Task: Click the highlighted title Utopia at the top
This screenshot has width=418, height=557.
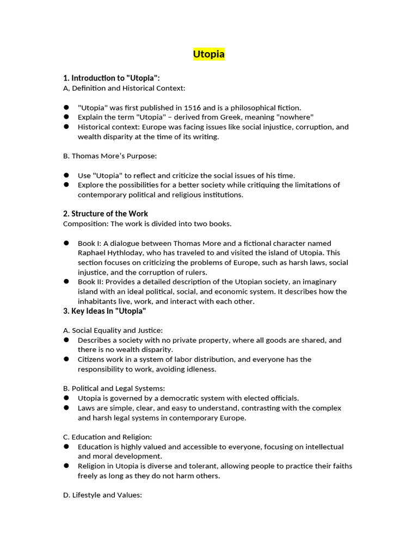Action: point(209,54)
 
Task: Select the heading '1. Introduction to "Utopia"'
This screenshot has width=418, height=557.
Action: point(112,78)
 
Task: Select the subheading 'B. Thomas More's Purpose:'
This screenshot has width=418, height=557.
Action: point(109,156)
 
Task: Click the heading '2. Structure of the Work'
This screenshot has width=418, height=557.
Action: point(106,214)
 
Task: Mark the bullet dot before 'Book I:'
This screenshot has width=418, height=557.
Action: point(66,243)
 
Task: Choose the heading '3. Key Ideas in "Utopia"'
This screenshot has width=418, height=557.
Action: point(104,311)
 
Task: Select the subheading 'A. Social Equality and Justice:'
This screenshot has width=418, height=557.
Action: point(113,330)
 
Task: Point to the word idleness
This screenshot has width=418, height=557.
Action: point(199,369)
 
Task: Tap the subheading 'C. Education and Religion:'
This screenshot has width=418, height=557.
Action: point(107,437)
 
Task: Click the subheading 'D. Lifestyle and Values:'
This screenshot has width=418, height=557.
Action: point(102,496)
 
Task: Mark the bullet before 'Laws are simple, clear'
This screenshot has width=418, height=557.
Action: point(66,408)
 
